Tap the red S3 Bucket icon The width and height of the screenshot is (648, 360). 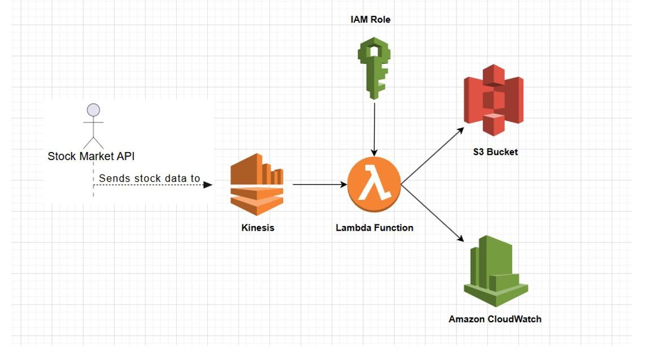[x=493, y=100]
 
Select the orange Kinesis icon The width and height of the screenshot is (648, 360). [x=256, y=184]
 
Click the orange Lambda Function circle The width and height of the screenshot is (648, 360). [x=373, y=184]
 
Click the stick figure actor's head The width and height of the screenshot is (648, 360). [x=94, y=110]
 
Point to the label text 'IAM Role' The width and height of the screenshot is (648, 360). [x=370, y=20]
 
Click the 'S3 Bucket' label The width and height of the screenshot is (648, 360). [x=495, y=152]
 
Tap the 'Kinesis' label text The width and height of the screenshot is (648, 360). [x=257, y=228]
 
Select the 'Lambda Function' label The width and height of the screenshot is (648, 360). [x=374, y=228]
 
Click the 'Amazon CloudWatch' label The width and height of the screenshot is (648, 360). [x=495, y=319]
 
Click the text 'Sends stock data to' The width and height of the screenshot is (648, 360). [x=149, y=179]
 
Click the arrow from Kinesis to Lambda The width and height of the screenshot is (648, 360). [x=319, y=184]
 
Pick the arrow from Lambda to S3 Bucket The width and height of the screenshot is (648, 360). [x=432, y=156]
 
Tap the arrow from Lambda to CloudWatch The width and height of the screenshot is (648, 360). [x=432, y=212]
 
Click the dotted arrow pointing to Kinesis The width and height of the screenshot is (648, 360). [x=153, y=185]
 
